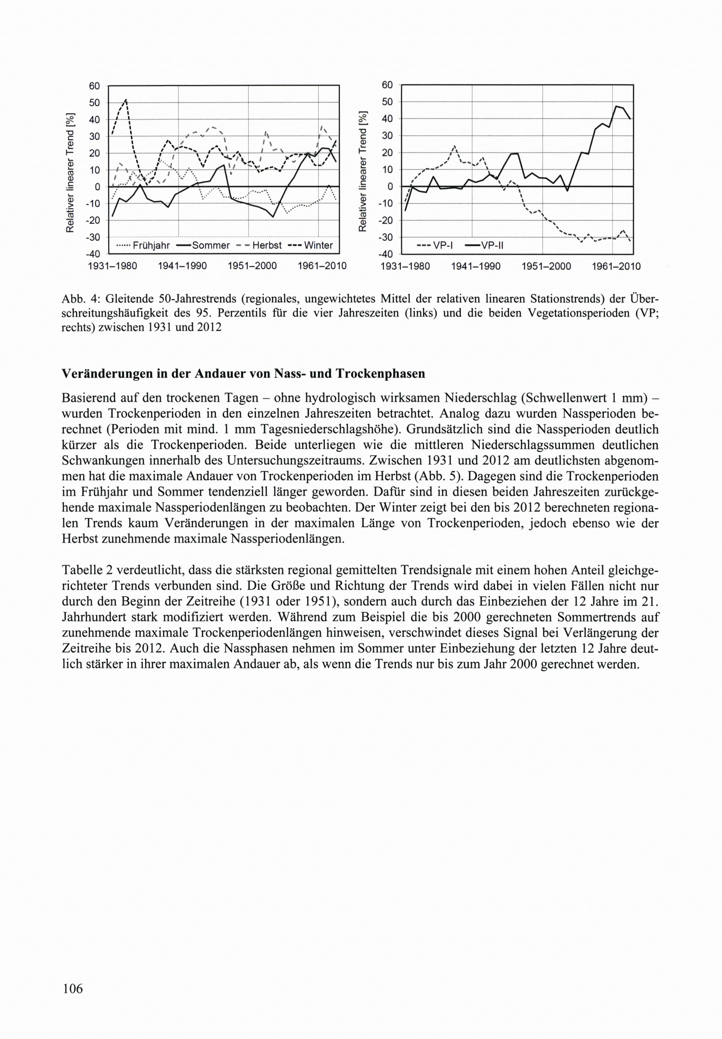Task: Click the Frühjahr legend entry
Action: click(143, 245)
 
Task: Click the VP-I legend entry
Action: click(435, 245)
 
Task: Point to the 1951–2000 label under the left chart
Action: click(252, 266)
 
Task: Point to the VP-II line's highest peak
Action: click(616, 106)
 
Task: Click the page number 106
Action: click(73, 989)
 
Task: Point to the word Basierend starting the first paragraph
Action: click(90, 398)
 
